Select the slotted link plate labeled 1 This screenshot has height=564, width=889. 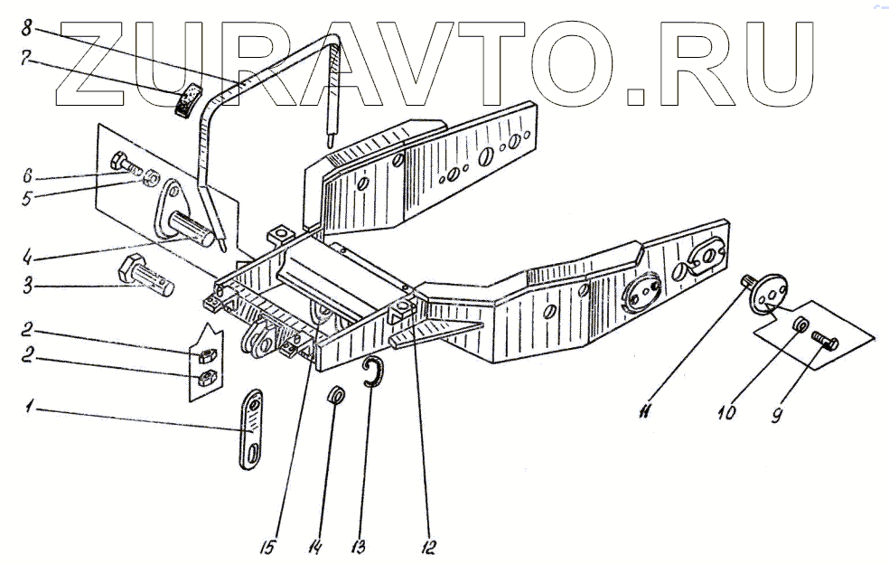(252, 428)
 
